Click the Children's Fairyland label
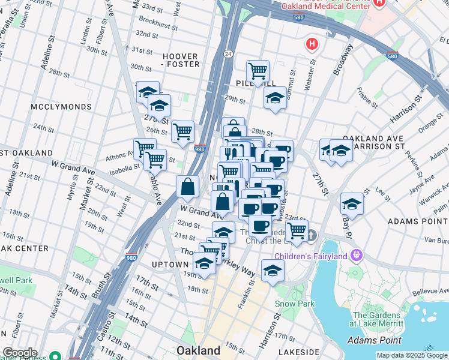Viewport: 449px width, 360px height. coord(313,257)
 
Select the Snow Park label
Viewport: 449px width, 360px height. coord(295,304)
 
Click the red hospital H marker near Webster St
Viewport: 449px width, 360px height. coord(312,44)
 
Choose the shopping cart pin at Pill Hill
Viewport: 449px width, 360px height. coord(258,71)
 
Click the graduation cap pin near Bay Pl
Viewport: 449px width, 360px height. coord(352,204)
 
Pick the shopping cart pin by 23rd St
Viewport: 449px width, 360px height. coord(297,230)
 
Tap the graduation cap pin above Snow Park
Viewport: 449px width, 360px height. coord(273,270)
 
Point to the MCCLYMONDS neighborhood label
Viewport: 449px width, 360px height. coord(62,107)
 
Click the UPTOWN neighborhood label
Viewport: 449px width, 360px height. coord(170,265)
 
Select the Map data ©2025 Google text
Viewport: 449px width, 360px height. coord(412,355)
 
